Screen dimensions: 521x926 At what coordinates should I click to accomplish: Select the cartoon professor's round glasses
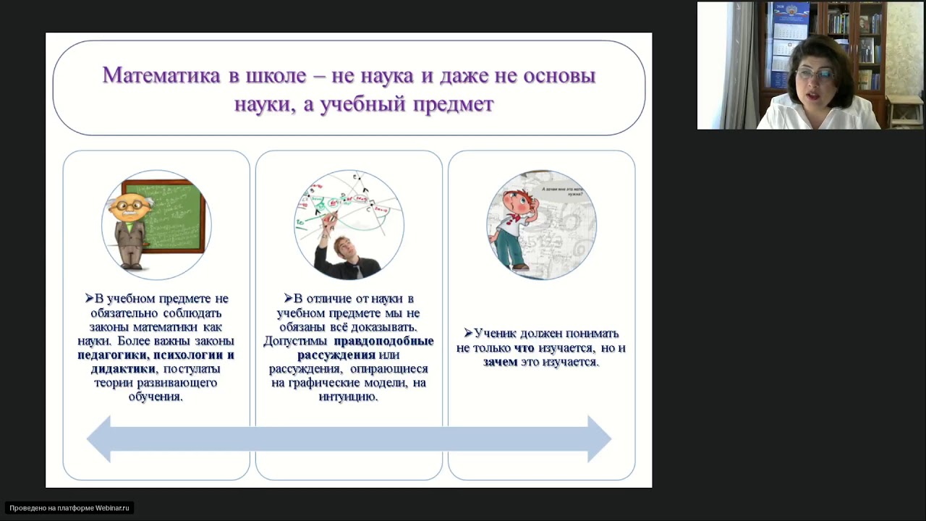point(130,206)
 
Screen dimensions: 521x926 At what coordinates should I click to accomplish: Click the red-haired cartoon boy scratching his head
point(517,224)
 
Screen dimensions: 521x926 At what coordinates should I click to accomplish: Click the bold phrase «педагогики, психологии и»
point(156,355)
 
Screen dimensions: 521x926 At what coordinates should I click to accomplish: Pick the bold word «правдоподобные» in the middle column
point(383,341)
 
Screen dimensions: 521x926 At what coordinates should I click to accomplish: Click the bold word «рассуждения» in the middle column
point(336,355)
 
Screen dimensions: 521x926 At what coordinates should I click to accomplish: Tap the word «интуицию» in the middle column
point(348,397)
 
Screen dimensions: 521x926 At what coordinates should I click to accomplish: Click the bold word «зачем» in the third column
point(500,362)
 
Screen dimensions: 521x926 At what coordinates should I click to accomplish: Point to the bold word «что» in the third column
point(524,348)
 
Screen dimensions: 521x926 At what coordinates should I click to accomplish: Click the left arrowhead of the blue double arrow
point(100,439)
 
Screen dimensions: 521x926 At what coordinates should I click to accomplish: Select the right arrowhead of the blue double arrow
point(599,439)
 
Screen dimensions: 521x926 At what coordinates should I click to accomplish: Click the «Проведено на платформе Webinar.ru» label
point(69,508)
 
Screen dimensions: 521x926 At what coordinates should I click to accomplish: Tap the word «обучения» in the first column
point(156,397)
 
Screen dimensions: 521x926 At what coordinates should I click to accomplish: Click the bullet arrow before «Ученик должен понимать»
point(468,334)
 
